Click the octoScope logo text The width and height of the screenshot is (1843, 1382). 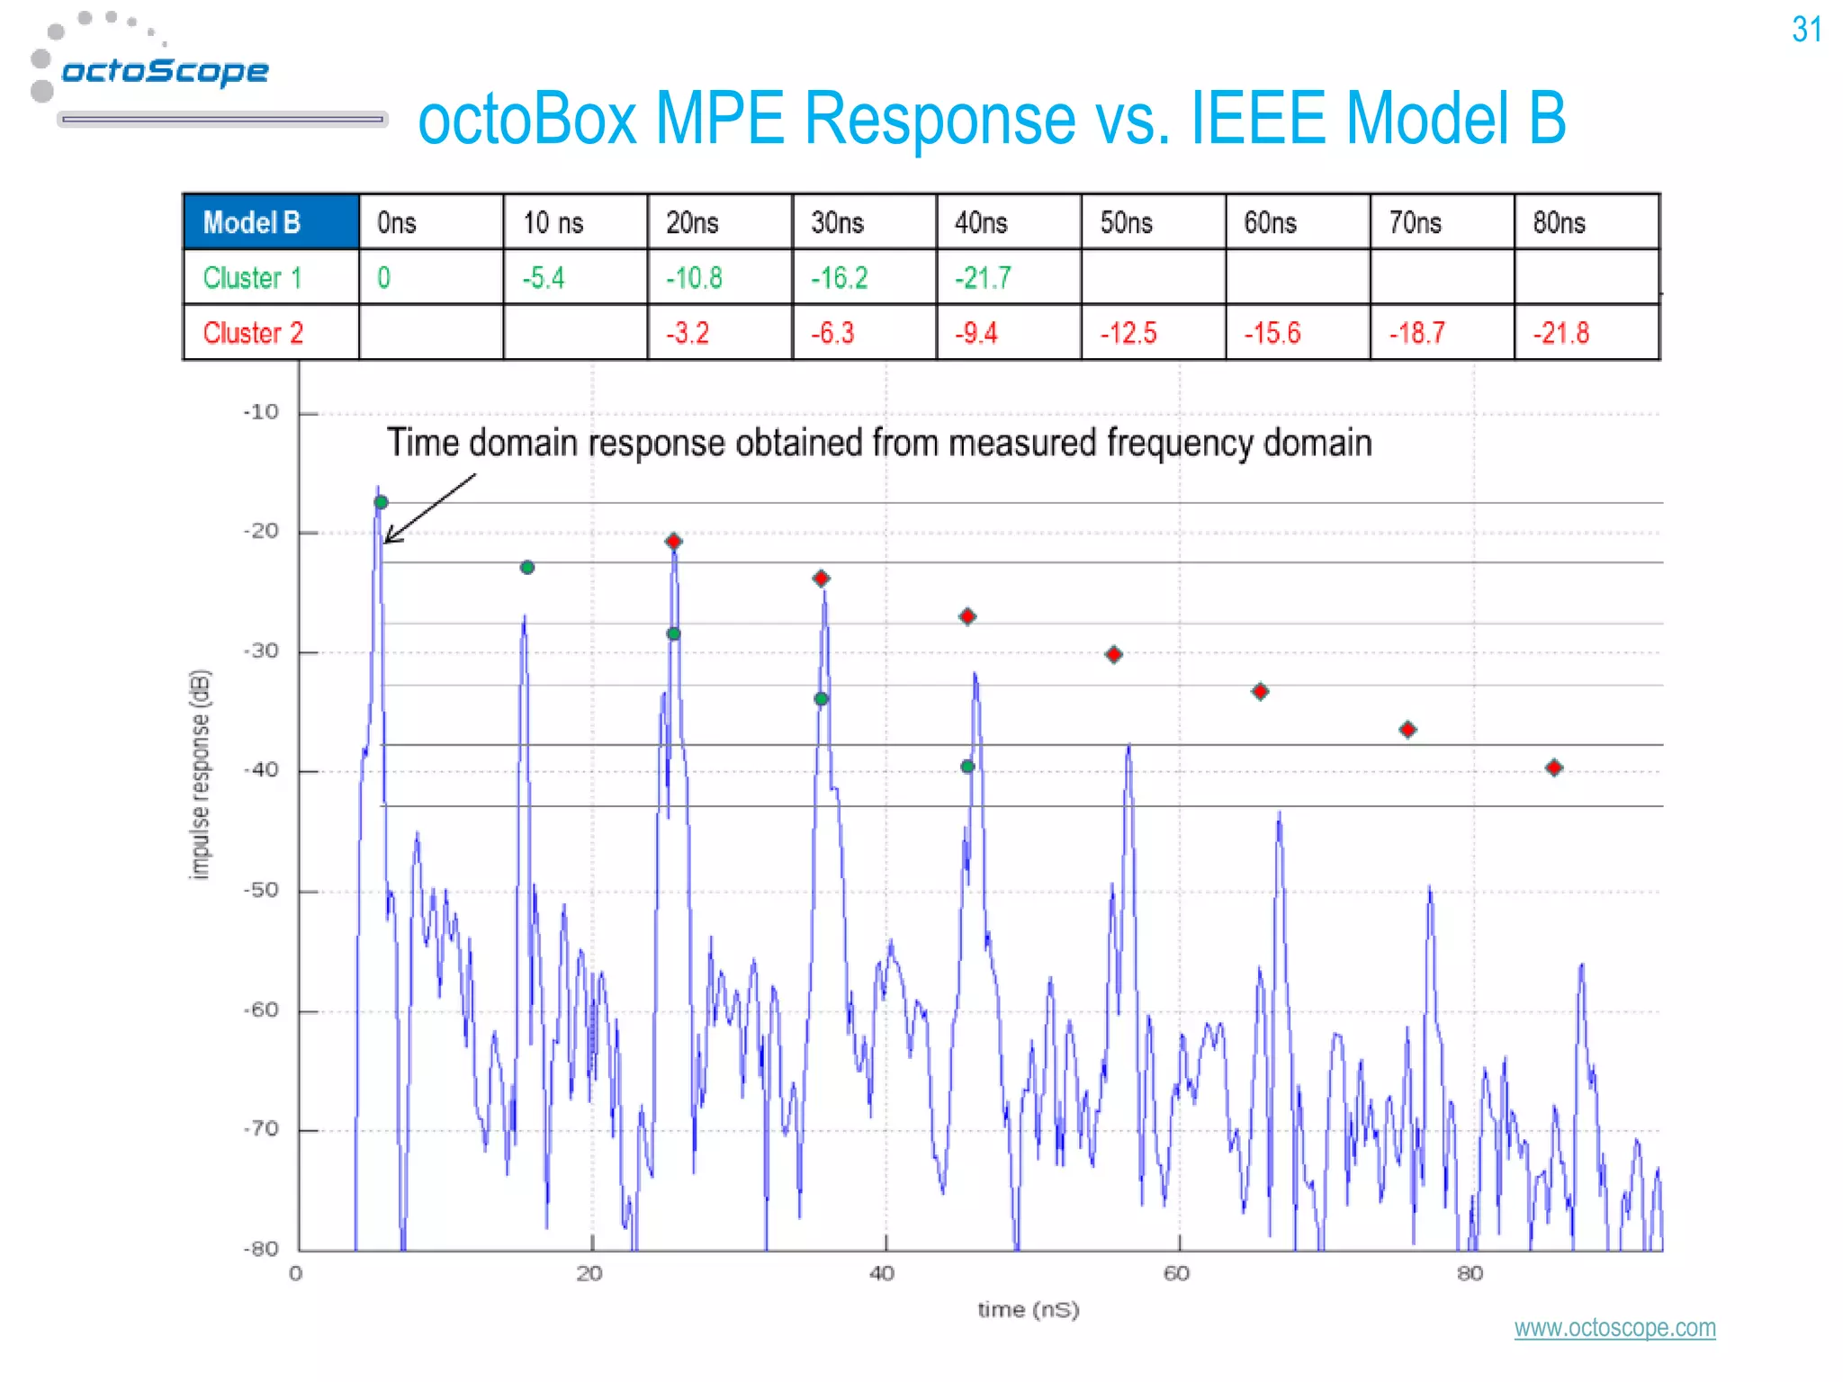click(x=165, y=71)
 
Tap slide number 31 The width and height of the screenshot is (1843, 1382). click(x=1806, y=30)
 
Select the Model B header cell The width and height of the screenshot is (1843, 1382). click(x=270, y=222)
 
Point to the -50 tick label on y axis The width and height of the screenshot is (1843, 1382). click(x=261, y=891)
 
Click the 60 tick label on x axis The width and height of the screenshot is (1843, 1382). click(x=1176, y=1274)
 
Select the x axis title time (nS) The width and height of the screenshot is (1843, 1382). click(x=1029, y=1310)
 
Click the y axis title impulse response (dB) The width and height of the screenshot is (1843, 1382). click(x=200, y=774)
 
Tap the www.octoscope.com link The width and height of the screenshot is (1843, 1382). click(x=1614, y=1328)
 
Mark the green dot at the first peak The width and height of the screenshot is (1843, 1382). click(x=382, y=502)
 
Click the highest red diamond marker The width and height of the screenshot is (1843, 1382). click(x=674, y=541)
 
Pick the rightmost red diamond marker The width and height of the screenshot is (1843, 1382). click(x=1554, y=767)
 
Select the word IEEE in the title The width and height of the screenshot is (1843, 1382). click(x=1257, y=119)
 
